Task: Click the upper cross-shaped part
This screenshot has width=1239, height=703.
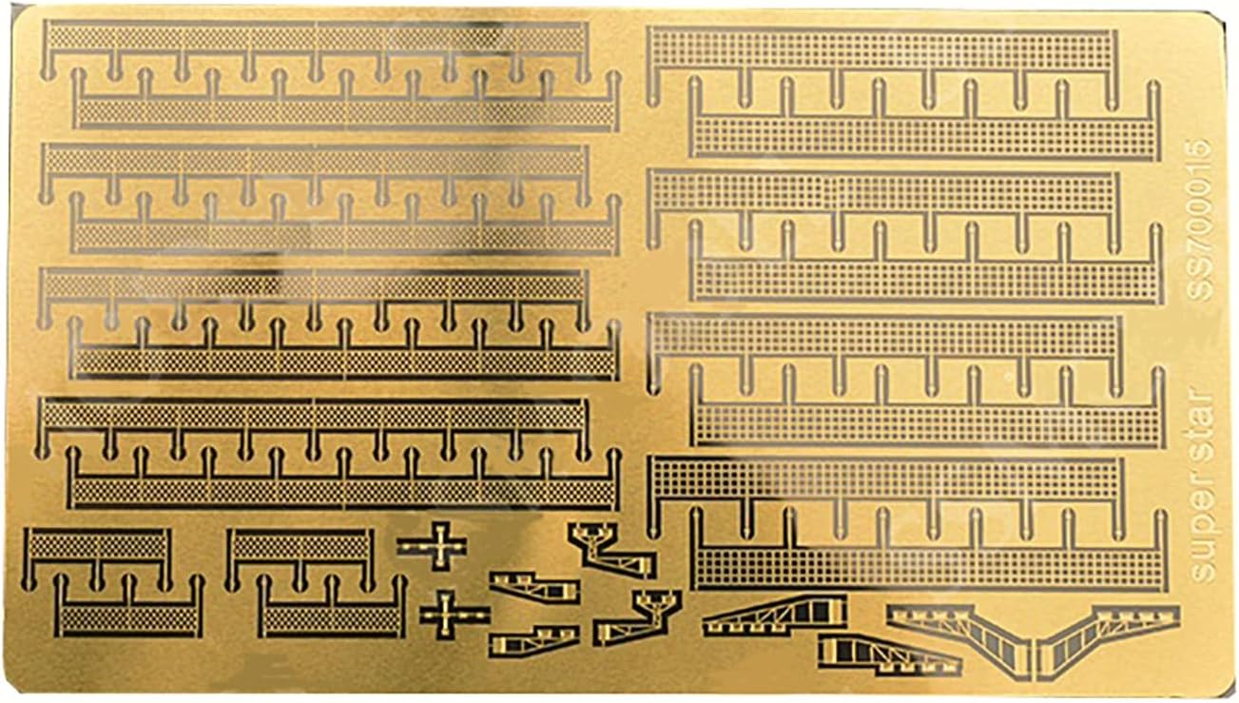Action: click(x=433, y=546)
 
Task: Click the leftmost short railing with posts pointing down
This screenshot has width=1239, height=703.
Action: click(x=96, y=546)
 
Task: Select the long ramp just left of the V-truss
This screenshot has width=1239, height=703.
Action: click(x=775, y=615)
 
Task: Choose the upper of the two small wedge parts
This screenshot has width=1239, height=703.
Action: click(x=532, y=586)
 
